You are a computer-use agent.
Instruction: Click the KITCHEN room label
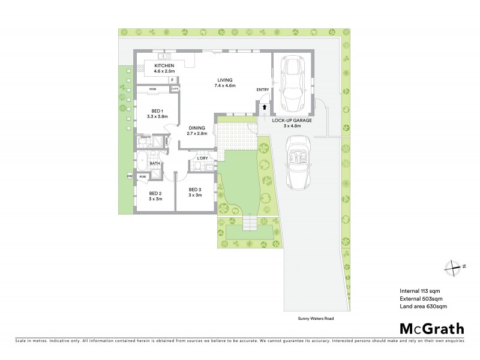(164, 65)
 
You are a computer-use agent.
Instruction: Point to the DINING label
(197, 127)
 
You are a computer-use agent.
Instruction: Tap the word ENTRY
(263, 90)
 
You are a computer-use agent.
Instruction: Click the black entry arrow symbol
(263, 107)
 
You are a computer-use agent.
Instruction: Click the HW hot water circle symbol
(129, 176)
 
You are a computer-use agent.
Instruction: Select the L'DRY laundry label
(201, 158)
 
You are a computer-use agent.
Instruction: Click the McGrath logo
(431, 328)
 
